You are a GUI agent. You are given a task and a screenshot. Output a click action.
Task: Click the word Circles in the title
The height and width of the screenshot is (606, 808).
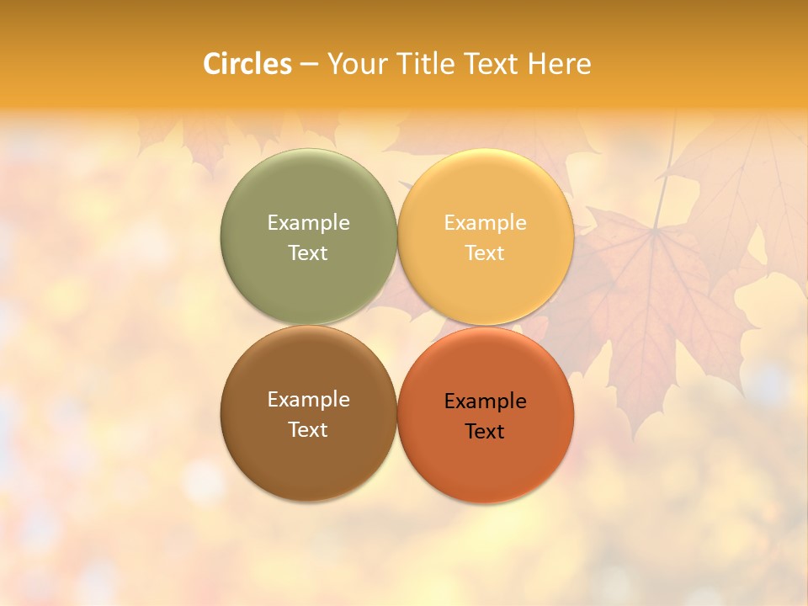click(x=247, y=63)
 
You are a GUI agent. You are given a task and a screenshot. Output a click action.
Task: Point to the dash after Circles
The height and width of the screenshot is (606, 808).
click(x=309, y=64)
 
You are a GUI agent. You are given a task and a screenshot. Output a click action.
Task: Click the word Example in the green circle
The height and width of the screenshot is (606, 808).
click(x=308, y=223)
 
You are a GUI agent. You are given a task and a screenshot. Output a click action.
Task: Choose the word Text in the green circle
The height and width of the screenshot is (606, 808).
click(x=308, y=253)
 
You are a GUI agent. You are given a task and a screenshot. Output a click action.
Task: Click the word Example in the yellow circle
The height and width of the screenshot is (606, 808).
click(x=485, y=223)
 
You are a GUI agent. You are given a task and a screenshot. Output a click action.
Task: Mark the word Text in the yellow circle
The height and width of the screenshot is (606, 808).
click(x=485, y=253)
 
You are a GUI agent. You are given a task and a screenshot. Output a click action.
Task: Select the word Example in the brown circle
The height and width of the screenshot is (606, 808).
click(x=308, y=400)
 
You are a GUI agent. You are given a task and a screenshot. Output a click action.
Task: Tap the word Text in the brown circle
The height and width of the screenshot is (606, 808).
click(x=308, y=430)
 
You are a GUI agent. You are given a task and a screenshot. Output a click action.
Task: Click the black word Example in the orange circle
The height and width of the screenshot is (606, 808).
click(x=485, y=401)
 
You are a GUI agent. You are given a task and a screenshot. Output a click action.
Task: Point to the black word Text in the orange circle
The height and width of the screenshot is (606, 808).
click(x=485, y=432)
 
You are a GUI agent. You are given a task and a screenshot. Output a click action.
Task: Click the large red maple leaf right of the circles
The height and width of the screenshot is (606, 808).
click(x=656, y=311)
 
